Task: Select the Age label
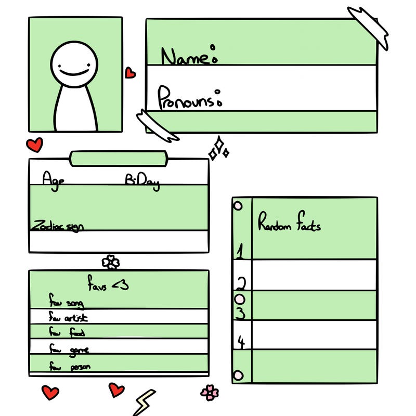[x=54, y=179]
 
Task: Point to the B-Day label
[x=142, y=180]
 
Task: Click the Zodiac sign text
[x=58, y=226]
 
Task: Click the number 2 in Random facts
[x=241, y=283]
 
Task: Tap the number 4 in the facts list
[x=241, y=342]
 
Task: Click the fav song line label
[x=66, y=302]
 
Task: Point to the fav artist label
[x=68, y=317]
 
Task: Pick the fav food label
[x=67, y=332]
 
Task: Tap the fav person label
[x=70, y=367]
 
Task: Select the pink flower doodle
[x=209, y=392]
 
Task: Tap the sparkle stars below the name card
[x=218, y=149]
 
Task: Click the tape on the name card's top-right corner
[x=369, y=27]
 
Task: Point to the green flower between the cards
[x=110, y=262]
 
